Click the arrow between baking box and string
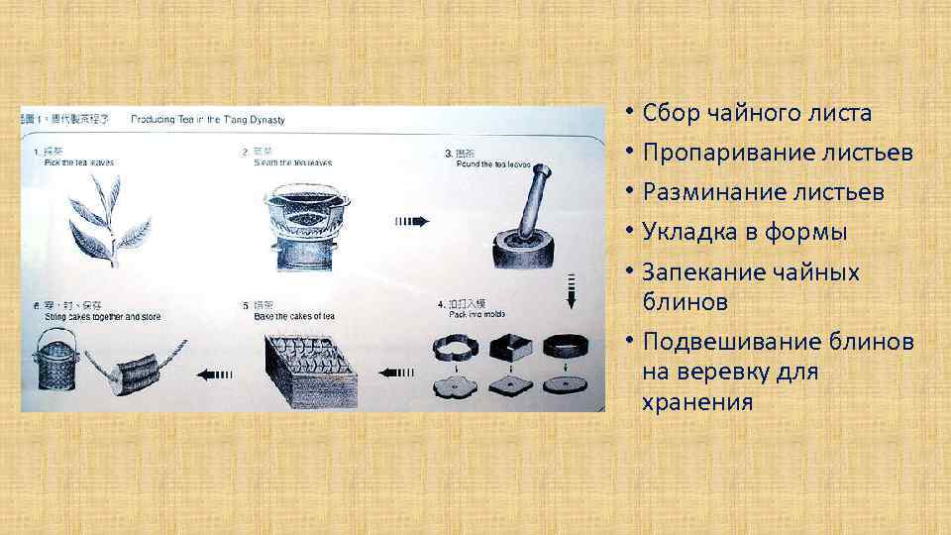tap(215, 374)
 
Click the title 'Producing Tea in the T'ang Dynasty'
tap(207, 119)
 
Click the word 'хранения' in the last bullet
tap(697, 402)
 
